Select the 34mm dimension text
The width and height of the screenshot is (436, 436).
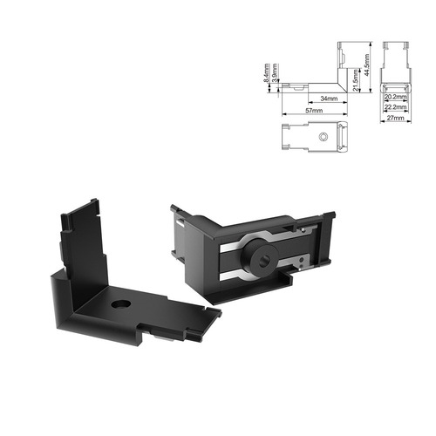tap(329, 98)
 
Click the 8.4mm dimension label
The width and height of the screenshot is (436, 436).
tap(266, 76)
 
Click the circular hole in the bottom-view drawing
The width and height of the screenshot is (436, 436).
tap(324, 138)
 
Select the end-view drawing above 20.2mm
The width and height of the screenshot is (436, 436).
tap(394, 65)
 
